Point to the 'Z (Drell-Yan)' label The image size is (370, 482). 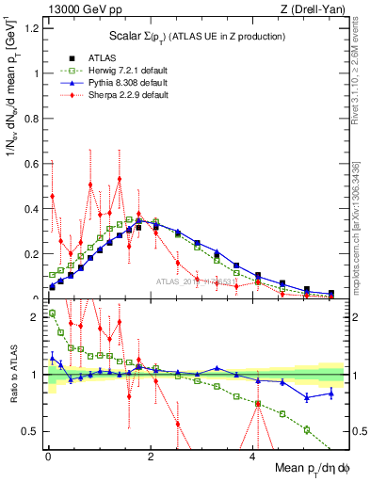point(319,9)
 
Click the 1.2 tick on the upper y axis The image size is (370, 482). point(32,27)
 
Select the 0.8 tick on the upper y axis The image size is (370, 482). point(32,119)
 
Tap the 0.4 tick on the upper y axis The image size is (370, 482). point(32,209)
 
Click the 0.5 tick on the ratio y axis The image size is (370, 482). point(32,431)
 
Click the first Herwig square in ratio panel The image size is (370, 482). point(52,313)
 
